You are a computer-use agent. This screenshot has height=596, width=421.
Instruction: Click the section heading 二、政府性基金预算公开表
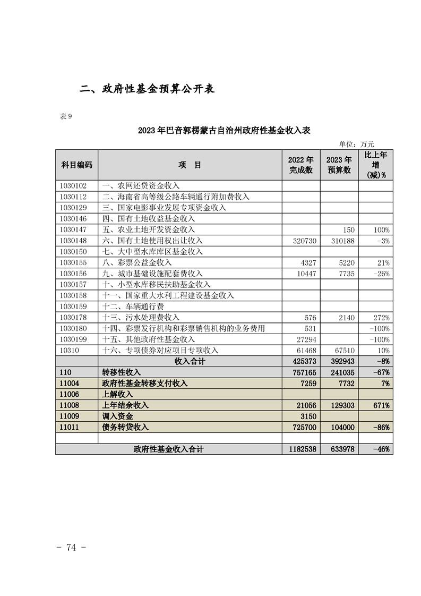(147, 89)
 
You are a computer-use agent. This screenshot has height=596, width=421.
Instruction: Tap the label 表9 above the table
(67, 117)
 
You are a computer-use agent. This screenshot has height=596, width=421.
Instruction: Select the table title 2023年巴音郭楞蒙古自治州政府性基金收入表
(224, 130)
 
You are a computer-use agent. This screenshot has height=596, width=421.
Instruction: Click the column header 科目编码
(77, 165)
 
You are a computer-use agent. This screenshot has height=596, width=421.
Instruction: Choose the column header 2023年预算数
(339, 165)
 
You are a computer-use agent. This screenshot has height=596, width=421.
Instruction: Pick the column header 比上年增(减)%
(376, 165)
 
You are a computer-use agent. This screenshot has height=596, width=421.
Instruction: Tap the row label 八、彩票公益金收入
(137, 262)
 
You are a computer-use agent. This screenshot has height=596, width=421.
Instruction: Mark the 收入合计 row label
(190, 361)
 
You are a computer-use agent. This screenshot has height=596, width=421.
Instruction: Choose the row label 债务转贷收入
(125, 427)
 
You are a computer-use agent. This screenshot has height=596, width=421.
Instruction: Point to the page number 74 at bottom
(71, 548)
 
